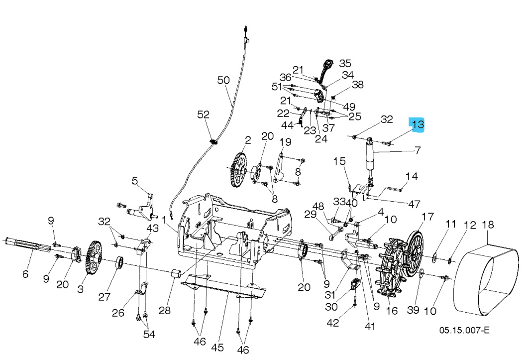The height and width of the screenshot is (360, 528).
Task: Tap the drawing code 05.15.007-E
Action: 464,330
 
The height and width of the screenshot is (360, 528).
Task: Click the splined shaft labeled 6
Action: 27,244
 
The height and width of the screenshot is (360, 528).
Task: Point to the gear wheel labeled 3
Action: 93,257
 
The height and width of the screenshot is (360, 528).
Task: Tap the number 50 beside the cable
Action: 224,80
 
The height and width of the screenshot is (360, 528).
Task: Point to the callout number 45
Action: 217,347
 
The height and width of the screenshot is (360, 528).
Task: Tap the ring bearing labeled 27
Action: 120,262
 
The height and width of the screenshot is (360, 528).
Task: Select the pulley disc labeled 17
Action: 415,254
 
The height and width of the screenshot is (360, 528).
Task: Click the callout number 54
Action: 149,334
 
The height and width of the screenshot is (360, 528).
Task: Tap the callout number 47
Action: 414,204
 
